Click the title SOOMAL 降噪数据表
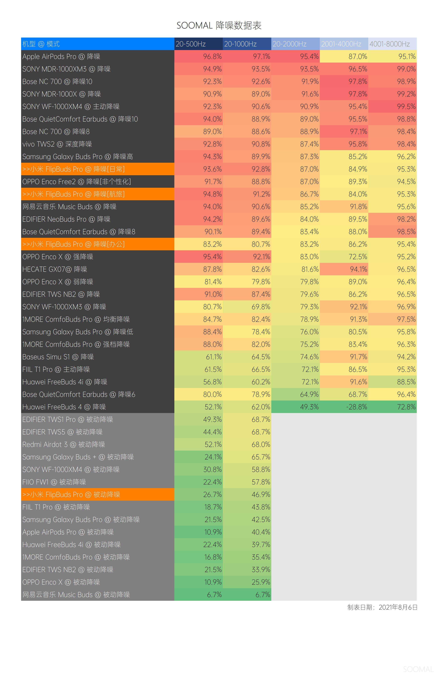(219, 26)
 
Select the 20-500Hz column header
(191, 44)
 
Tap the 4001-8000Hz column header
(390, 44)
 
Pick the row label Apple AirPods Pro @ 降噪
(61, 56)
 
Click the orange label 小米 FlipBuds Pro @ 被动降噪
(71, 495)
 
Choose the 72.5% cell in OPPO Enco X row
(358, 257)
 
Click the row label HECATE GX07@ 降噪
(55, 269)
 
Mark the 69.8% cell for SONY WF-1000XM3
(261, 307)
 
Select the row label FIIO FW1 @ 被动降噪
(54, 482)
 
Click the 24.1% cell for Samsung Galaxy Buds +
(213, 457)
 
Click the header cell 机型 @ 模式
(41, 44)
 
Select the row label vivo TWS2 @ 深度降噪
(57, 144)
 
